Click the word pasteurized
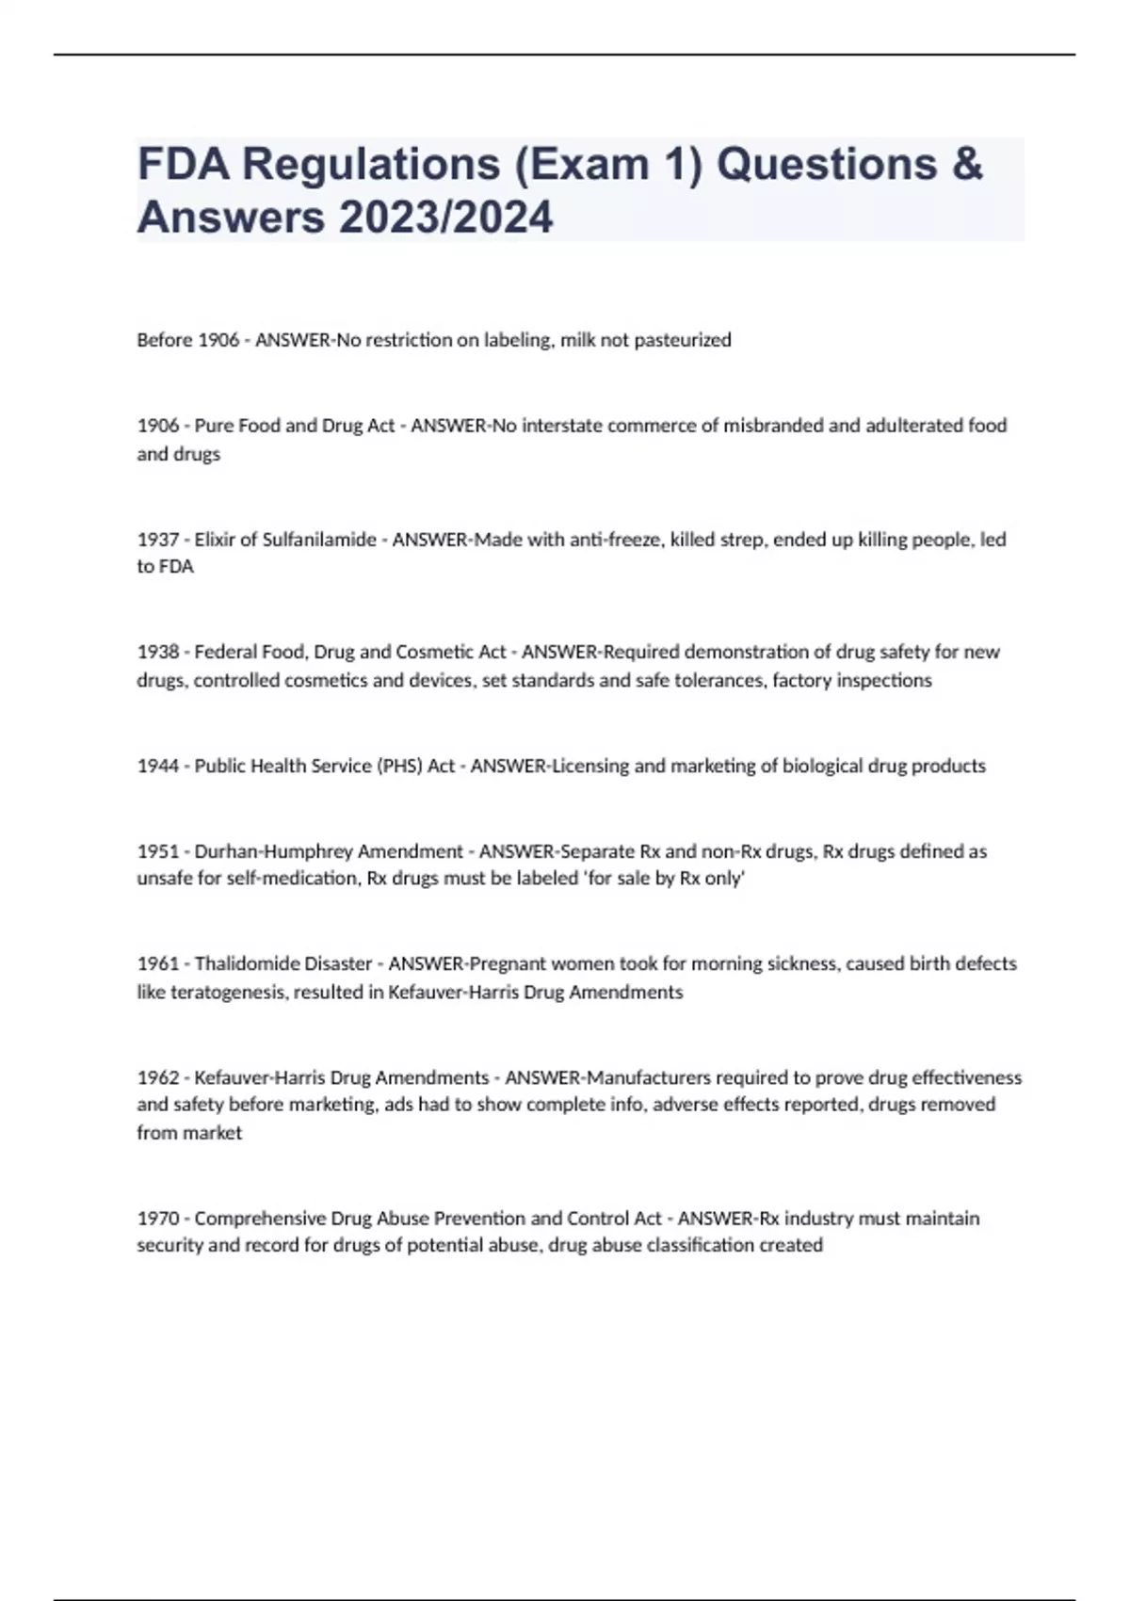682,340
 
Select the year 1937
157,540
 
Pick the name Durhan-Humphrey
259,851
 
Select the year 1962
157,1077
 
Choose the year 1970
157,1219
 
